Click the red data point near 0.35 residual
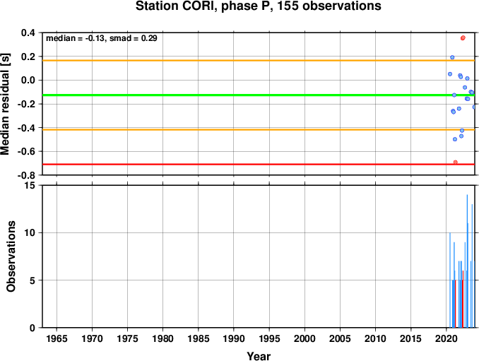(x=463, y=38)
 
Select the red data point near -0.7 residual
(x=456, y=162)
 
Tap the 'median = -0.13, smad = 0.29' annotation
(x=102, y=38)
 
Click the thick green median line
(x=259, y=95)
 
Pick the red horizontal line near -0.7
(x=259, y=165)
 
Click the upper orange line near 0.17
(x=259, y=61)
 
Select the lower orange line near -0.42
(x=259, y=130)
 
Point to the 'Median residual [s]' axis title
(x=5, y=104)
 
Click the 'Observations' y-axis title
(x=11, y=256)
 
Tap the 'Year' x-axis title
(x=259, y=356)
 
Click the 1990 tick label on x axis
(x=234, y=338)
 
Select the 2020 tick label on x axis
(x=447, y=338)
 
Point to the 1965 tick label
(x=57, y=338)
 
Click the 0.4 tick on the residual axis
(x=28, y=32)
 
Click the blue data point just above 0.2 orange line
(x=452, y=57)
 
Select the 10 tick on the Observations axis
(x=30, y=233)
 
